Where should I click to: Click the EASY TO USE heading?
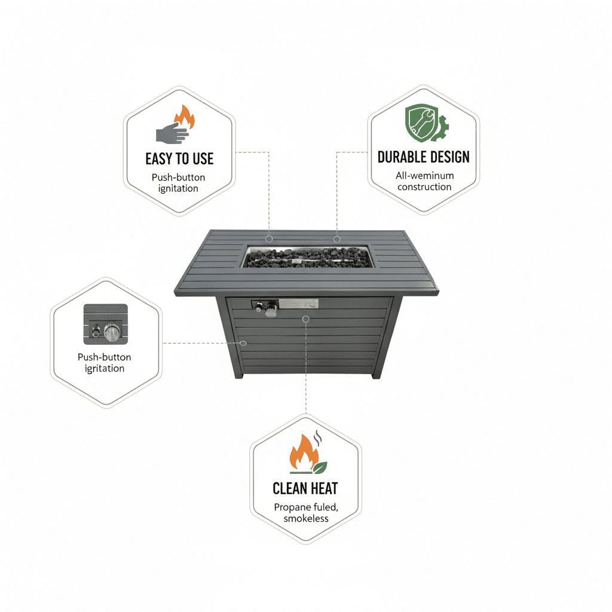pos(179,159)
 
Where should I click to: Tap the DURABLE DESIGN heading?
pos(424,157)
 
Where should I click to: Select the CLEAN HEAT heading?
pos(305,488)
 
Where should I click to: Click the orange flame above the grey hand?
pos(185,117)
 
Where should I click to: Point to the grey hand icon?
pos(172,133)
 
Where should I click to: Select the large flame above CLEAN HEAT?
pos(304,453)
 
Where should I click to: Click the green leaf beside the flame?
pos(320,467)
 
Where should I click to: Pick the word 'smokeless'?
pos(306,518)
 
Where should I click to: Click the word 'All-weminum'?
pos(425,176)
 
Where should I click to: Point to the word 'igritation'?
pos(105,368)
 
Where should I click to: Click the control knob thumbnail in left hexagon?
pos(105,325)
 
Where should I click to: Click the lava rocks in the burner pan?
pos(307,258)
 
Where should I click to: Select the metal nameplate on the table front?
pos(299,304)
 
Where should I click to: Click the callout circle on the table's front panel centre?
pos(306,319)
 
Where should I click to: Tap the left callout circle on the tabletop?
pos(269,239)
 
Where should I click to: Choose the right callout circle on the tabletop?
pos(337,239)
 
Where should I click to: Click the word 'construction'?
pos(424,187)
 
